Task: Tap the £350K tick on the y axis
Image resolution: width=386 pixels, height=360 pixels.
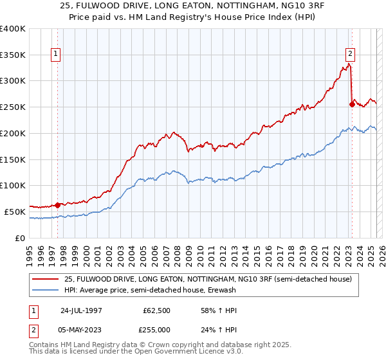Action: point(13,55)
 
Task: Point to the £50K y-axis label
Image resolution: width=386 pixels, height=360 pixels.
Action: point(15,212)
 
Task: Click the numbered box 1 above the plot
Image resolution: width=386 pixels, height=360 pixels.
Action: point(57,55)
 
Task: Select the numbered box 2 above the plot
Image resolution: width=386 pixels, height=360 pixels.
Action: point(351,55)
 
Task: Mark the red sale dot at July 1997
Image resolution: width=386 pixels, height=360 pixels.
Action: point(57,205)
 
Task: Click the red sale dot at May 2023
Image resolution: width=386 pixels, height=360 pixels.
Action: point(351,104)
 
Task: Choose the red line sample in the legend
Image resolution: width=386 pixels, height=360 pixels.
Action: point(46,280)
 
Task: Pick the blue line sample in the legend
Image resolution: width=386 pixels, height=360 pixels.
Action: point(46,290)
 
